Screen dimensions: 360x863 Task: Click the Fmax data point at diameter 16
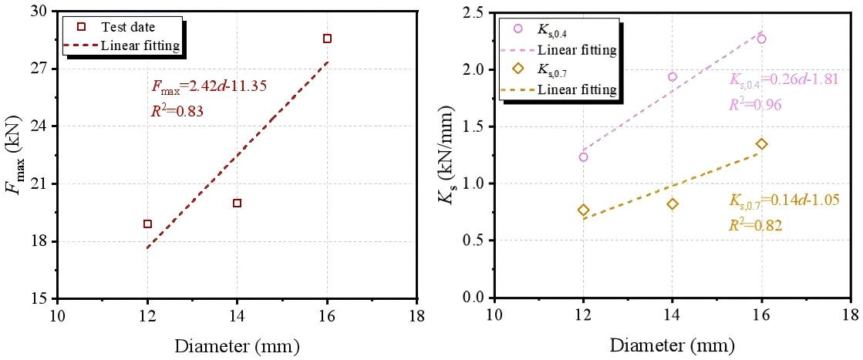point(327,39)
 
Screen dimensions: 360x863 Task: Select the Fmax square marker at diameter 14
point(237,204)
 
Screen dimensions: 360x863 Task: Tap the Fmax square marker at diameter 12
point(147,224)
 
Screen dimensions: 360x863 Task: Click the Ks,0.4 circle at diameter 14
point(673,77)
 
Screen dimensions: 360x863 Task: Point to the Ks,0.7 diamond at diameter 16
point(762,144)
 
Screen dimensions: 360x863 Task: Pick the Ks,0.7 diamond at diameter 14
point(673,204)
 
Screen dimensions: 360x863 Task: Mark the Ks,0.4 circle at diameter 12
point(583,157)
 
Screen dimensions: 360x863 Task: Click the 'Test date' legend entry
point(128,28)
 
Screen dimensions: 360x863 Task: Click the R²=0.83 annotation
point(177,111)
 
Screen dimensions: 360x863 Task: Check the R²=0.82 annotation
point(755,226)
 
